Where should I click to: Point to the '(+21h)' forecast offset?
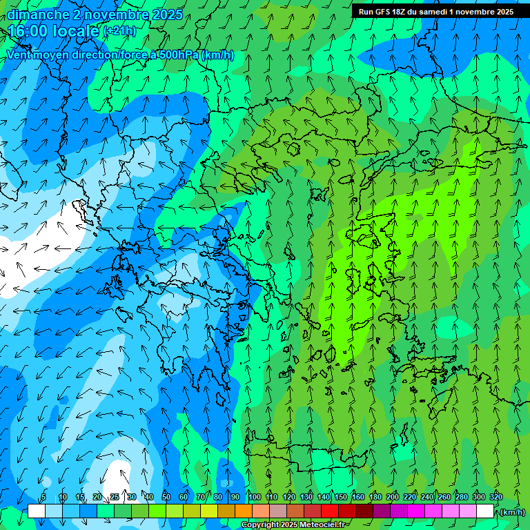[119, 31]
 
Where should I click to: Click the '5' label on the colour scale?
[43, 497]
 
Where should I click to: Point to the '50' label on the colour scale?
[166, 497]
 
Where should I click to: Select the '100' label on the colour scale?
[254, 497]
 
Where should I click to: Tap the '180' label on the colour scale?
[375, 497]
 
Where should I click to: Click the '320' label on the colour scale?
[495, 497]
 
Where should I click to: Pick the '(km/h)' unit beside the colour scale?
[513, 511]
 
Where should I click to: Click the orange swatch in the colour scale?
[243, 511]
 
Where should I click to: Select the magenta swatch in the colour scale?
[415, 511]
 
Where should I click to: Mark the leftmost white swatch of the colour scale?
[37, 511]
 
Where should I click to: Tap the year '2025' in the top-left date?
[166, 14]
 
